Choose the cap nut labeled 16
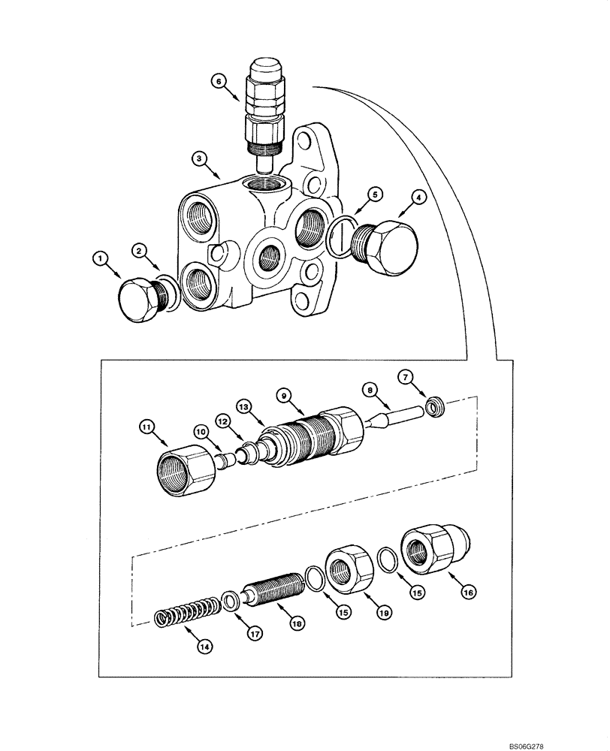coord(434,550)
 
